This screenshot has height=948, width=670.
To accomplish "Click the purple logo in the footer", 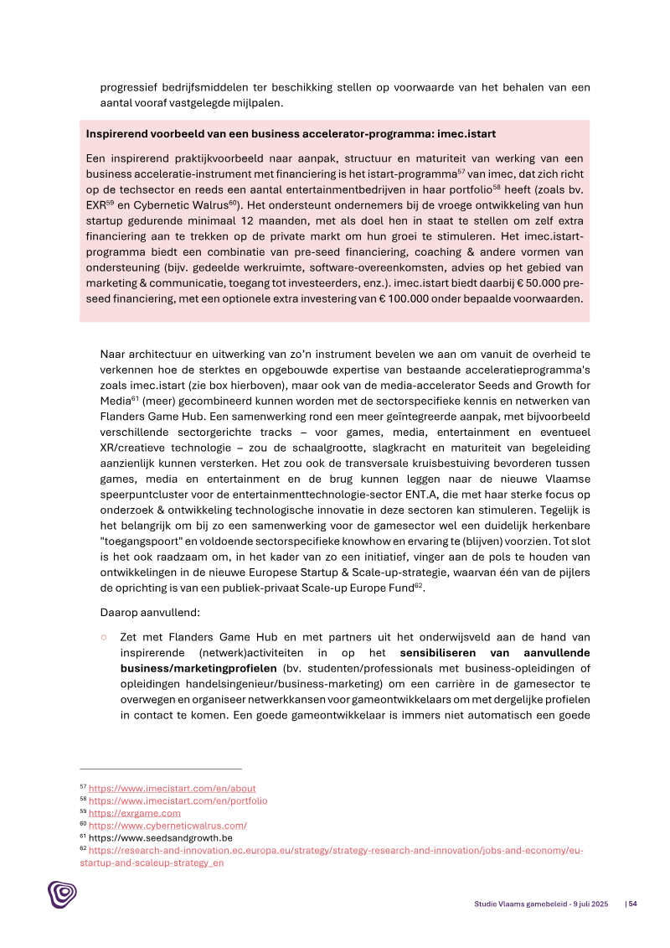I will point(62,894).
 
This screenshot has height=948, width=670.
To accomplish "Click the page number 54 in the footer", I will point(633,904).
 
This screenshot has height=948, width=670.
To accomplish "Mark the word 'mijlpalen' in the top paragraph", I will point(259,103).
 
